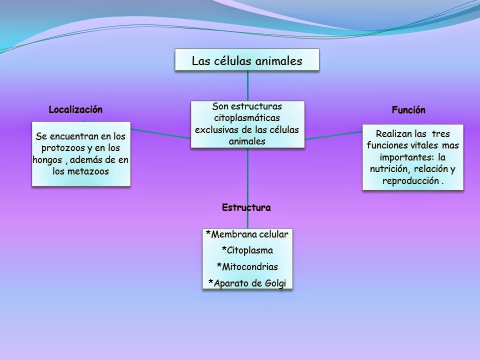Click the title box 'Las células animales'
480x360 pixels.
[247, 60]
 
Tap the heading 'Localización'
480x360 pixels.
[75, 110]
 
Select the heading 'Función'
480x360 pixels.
[408, 110]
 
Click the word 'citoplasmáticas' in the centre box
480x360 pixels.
[247, 118]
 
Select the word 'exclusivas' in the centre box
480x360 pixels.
[217, 130]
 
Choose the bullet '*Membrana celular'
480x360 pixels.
[247, 234]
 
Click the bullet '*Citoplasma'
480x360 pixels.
[247, 250]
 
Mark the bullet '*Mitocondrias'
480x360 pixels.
[247, 266]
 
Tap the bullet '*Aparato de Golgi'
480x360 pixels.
[247, 283]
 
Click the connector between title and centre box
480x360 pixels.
[247, 86]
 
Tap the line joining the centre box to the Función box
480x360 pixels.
[333, 135]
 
